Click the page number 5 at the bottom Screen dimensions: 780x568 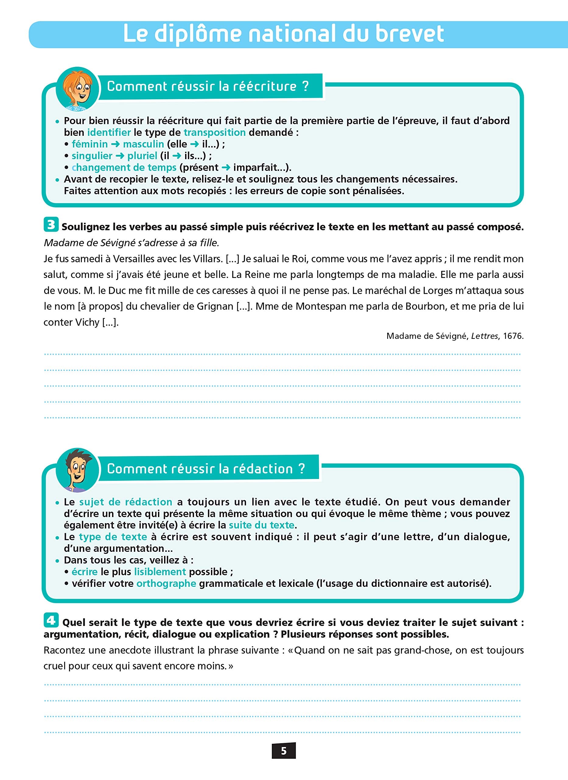coord(284,750)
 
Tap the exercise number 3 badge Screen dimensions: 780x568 coord(51,225)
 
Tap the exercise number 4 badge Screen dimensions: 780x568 coord(51,620)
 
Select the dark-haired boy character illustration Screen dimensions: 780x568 coord(77,470)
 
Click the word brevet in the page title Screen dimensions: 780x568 coord(409,34)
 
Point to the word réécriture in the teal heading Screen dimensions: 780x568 coord(265,86)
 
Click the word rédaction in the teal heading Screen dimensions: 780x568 coord(263,469)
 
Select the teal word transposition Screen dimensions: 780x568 coord(215,133)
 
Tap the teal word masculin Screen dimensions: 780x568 coord(143,144)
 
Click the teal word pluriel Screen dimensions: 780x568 coord(142,156)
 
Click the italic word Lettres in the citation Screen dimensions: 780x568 coord(485,336)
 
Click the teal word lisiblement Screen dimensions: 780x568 coord(160,572)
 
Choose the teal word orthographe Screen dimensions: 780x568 coord(166,583)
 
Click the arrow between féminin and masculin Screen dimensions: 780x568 coord(116,144)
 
